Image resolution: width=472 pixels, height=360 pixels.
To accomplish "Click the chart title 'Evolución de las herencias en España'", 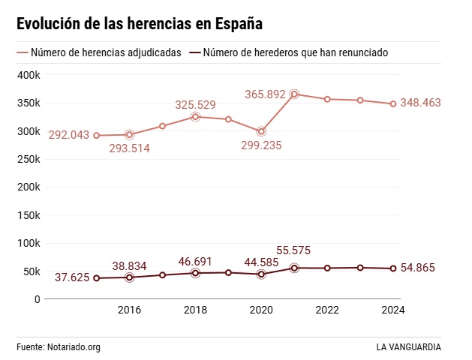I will [139, 24].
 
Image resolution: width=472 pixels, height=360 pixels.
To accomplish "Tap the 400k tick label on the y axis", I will [29, 75].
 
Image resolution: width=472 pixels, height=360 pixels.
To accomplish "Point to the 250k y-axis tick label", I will [29, 159].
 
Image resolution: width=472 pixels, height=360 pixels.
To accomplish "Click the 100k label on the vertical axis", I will [29, 243].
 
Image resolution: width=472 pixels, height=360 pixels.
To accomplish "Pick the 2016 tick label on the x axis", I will [129, 310].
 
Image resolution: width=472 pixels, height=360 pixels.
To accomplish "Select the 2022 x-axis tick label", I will [327, 310].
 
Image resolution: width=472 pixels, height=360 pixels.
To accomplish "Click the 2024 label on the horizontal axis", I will [393, 310].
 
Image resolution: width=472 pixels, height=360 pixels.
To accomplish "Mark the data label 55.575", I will [293, 250].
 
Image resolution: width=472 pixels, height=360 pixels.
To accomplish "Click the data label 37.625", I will [72, 277].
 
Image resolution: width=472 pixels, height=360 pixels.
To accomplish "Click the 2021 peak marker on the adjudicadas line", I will [294, 94].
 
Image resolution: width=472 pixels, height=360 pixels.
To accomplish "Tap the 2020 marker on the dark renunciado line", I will [261, 274].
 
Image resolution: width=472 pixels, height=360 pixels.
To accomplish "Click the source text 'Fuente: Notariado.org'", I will [59, 347].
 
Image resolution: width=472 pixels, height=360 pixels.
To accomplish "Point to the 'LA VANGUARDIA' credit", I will [409, 347].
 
